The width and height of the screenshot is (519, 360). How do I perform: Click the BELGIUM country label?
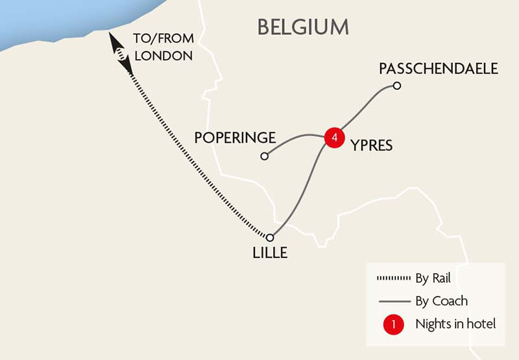pos(303,27)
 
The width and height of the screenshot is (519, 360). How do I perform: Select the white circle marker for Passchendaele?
pos(397,86)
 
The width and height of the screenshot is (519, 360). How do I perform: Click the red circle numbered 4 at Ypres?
pos(333,138)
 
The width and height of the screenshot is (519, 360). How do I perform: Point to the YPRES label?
pos(372,145)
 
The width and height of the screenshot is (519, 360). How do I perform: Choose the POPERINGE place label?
pos(235,138)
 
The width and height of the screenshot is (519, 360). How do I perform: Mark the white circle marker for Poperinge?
pos(264,156)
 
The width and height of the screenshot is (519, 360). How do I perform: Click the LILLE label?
pos(269,252)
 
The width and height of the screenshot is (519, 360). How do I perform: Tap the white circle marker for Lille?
pos(271,237)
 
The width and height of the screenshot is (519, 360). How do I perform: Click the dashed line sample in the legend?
pos(393,280)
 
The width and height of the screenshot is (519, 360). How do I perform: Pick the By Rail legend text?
pos(433,280)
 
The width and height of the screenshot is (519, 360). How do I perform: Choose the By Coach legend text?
pos(441,301)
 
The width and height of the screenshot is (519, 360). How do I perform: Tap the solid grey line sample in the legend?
pos(393,301)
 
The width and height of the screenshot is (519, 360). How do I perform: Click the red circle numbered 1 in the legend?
pos(393,323)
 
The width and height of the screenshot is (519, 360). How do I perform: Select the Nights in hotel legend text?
pos(455,323)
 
